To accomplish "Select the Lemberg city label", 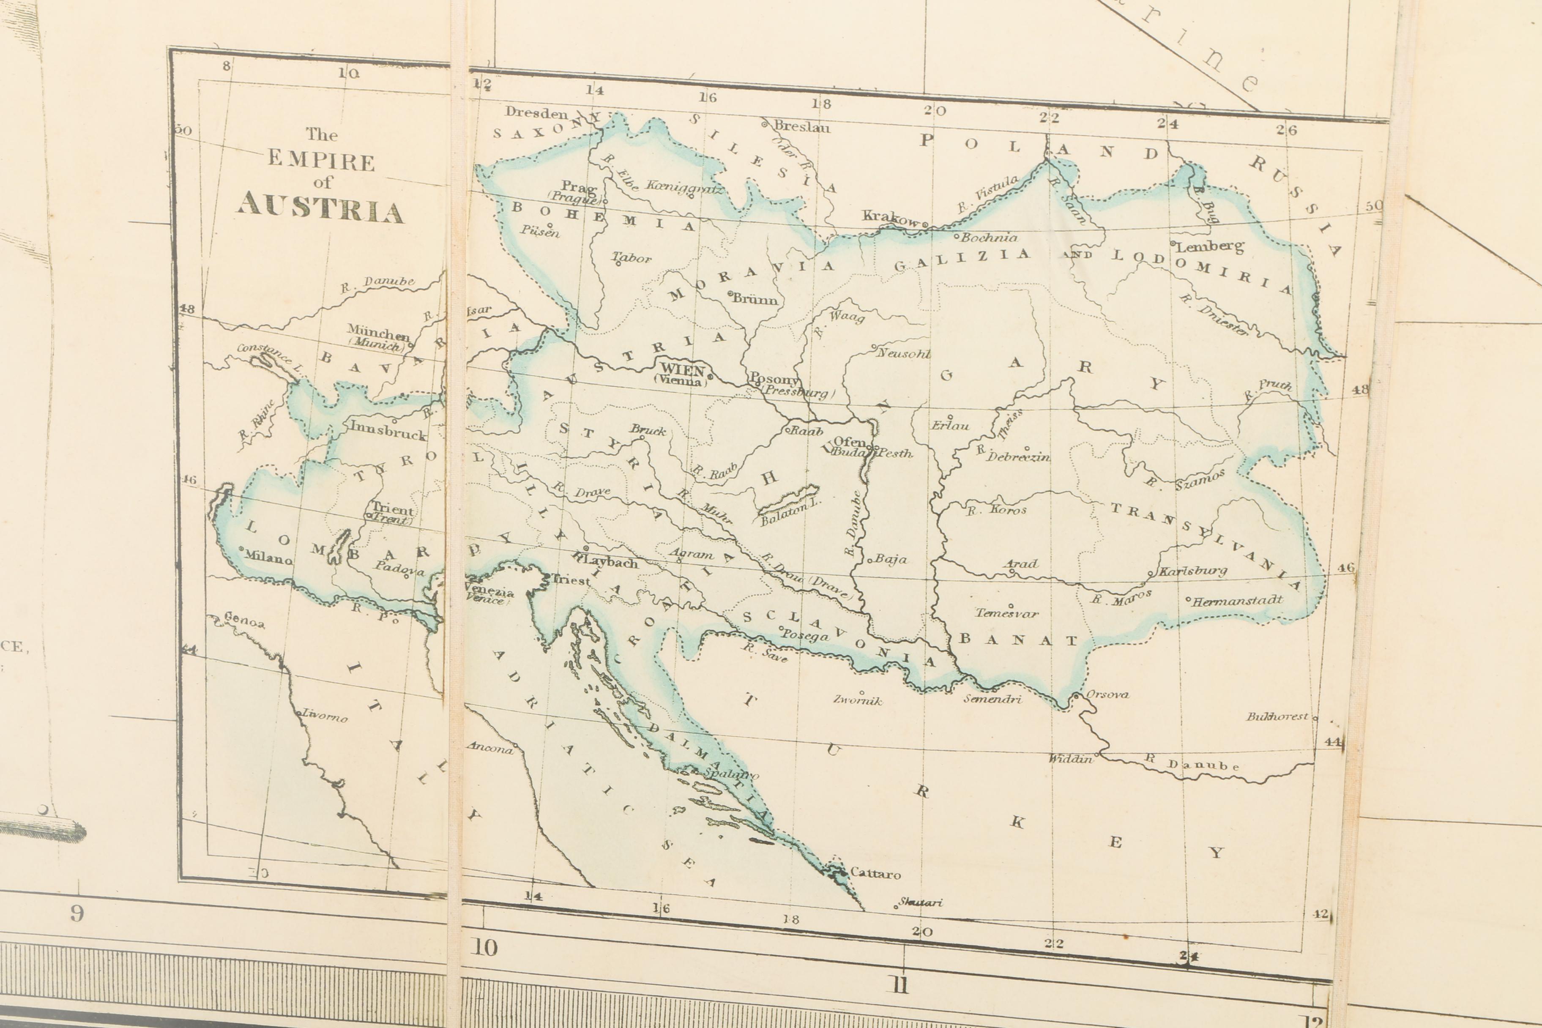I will [1210, 246].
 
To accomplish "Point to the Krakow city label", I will [890, 218].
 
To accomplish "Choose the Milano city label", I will [268, 558].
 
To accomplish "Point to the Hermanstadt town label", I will [1236, 600].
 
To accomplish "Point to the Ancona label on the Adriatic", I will [490, 748].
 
